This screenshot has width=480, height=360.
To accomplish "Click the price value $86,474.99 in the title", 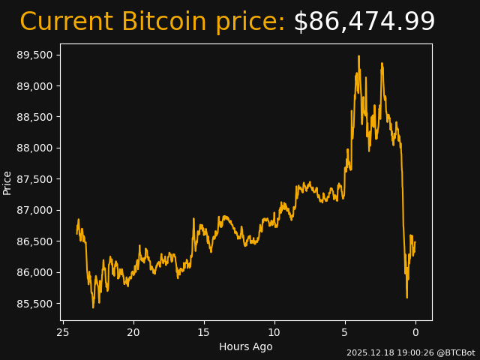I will (364, 22).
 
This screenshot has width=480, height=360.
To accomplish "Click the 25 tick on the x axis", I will (63, 332).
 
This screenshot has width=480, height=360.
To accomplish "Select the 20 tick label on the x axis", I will (133, 332).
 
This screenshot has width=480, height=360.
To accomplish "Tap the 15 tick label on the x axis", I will (204, 332).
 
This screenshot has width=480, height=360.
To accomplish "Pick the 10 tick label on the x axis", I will (274, 332).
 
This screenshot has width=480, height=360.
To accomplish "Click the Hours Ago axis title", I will (246, 346).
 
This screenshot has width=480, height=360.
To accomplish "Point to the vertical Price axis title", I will (7, 182).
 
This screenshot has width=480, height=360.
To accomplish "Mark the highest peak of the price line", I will (358, 56).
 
